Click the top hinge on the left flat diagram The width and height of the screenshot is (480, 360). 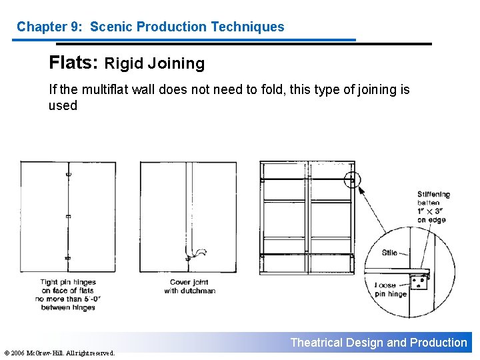(68, 175)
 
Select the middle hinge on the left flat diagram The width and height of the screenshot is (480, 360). (68, 216)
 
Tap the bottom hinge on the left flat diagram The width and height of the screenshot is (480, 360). (68, 257)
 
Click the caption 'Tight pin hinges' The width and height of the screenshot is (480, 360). (68, 282)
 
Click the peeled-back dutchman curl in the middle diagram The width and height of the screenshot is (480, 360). (199, 253)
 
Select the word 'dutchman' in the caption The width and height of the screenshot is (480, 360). (199, 291)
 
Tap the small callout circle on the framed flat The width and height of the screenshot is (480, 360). (352, 179)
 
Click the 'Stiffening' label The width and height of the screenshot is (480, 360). (434, 195)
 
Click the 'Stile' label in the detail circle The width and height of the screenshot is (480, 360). (390, 253)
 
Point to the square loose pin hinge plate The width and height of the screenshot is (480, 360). (420, 282)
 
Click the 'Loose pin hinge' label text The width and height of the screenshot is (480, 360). (390, 289)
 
